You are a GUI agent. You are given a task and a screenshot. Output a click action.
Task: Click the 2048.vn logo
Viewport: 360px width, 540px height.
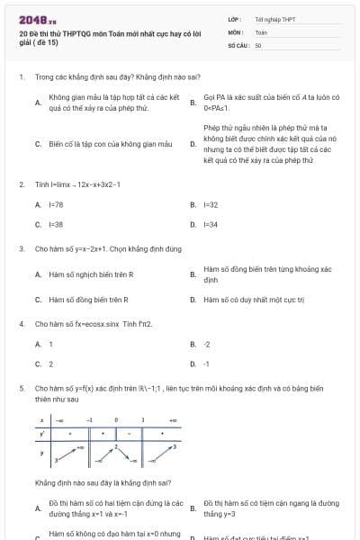tap(31, 20)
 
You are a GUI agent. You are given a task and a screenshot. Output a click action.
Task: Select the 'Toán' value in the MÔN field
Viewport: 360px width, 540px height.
tap(261, 31)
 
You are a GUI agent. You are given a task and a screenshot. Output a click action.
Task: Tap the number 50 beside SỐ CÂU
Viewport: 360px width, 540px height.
tap(258, 44)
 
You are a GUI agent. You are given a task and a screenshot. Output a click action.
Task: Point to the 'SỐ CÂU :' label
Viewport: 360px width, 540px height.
tap(238, 44)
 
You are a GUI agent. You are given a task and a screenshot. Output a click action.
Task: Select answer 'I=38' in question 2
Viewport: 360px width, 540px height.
tap(55, 224)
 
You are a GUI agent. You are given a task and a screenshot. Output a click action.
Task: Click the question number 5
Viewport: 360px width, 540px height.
tap(21, 388)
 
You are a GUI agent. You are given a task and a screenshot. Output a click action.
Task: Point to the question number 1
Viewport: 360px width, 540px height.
tap(21, 77)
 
